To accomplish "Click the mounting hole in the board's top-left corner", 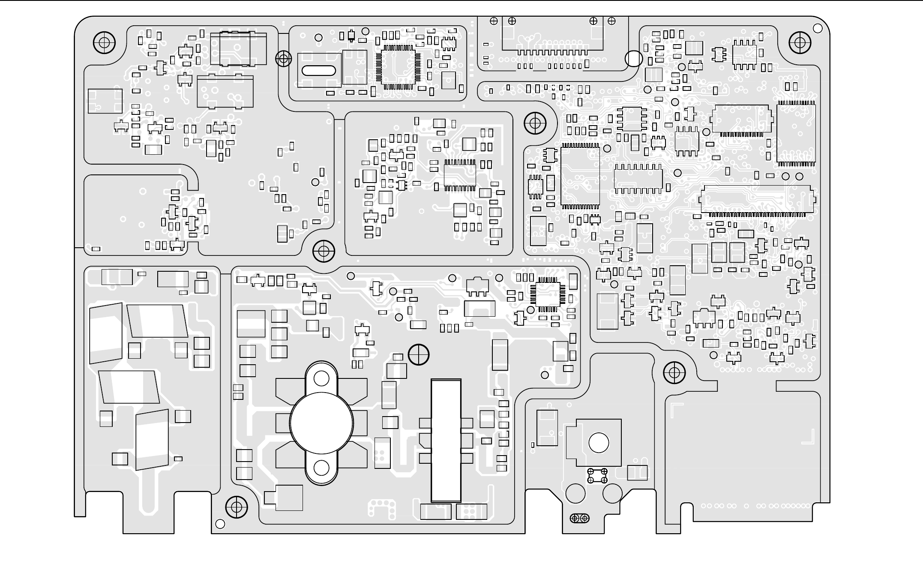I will tap(104, 42).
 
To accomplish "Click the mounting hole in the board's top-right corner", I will tap(800, 42).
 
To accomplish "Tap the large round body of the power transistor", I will tap(321, 423).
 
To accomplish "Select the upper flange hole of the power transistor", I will tap(321, 378).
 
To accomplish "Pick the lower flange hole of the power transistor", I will tap(321, 468).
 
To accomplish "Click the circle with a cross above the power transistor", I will tap(419, 355).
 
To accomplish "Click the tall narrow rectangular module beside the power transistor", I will tap(446, 440).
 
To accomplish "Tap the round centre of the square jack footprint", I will tap(599, 443).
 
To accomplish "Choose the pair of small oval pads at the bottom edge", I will tap(580, 519).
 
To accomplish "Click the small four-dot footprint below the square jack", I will tap(597, 476).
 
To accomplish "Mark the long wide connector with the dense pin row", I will tap(757, 200).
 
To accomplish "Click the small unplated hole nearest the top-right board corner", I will tap(818, 28).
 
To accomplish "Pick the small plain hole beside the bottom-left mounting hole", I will tap(220, 524).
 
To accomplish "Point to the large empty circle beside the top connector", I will tap(634, 59).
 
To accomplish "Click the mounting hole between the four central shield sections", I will tap(324, 250).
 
